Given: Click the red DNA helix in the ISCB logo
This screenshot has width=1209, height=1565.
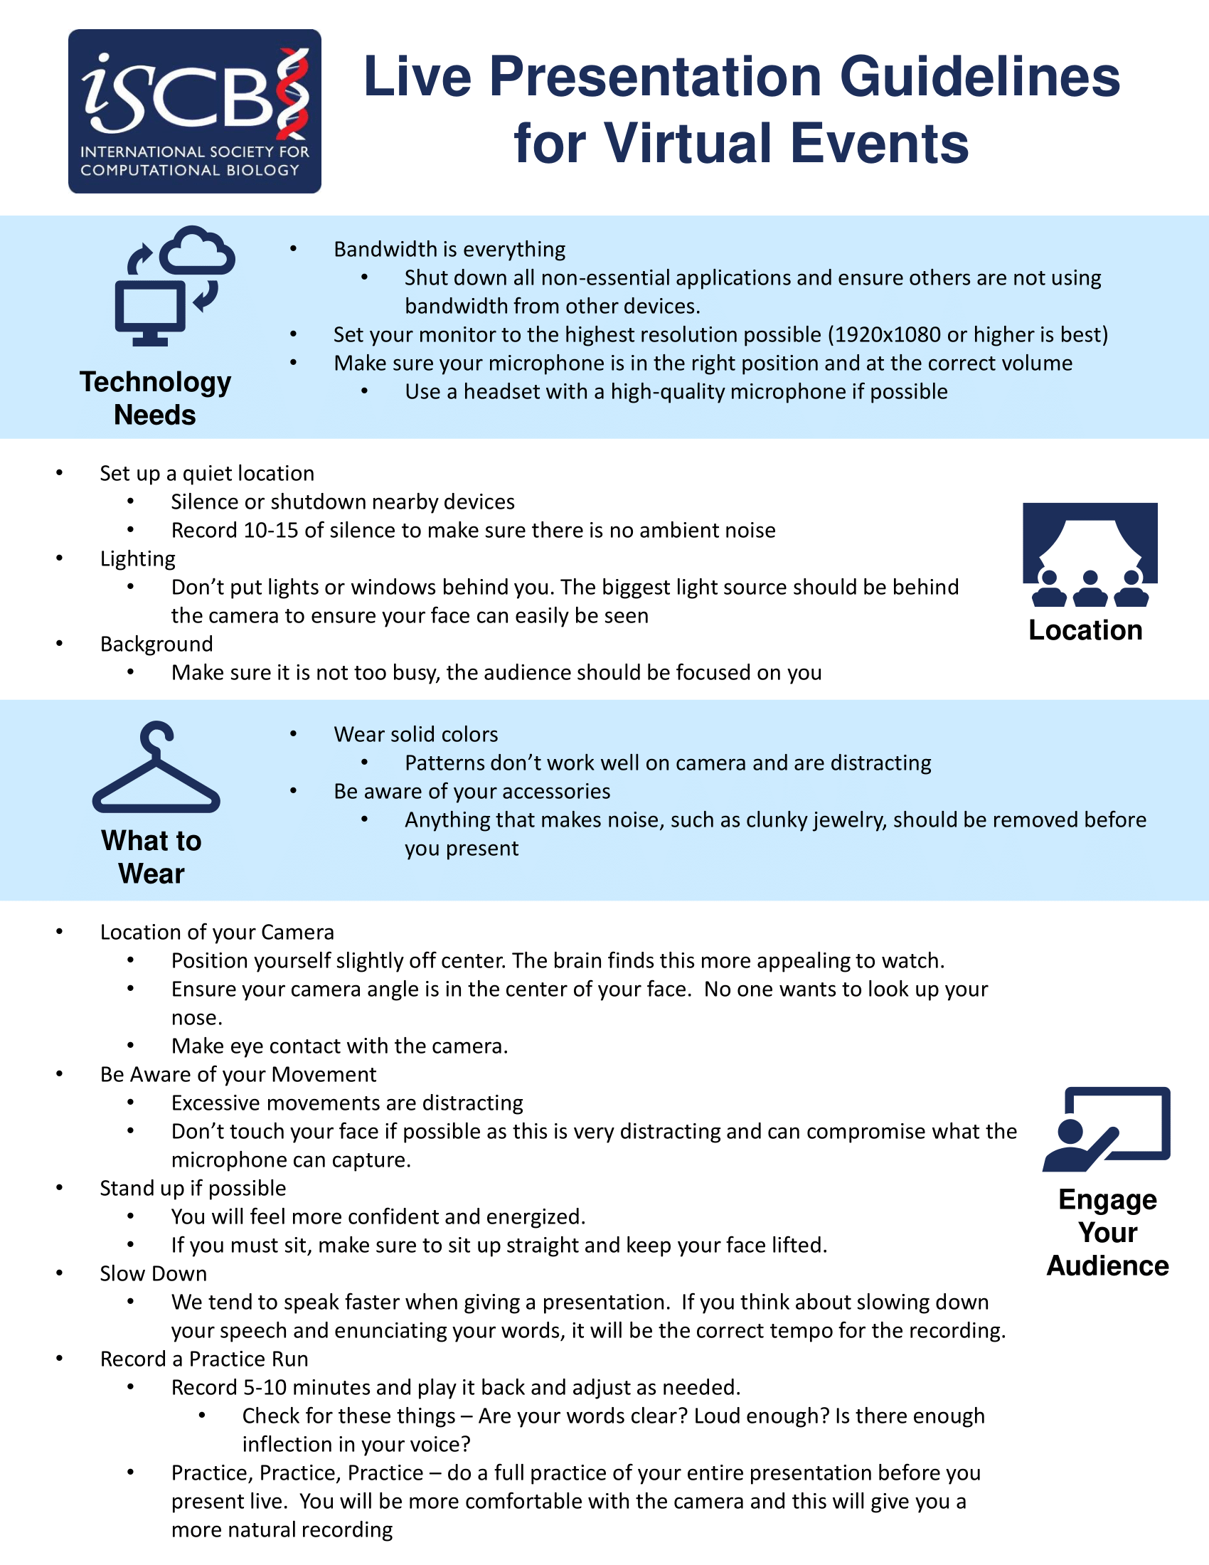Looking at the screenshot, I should [294, 93].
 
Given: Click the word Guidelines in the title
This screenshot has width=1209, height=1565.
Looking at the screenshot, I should [979, 77].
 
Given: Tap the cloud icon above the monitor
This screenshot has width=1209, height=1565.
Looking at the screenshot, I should [197, 251].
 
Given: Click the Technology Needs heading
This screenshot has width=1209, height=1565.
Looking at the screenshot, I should [156, 398].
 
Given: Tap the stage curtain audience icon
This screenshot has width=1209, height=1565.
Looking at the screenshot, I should [1090, 555].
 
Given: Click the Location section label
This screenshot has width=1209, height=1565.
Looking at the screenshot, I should [1085, 630].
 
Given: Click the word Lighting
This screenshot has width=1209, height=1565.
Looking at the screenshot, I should [137, 559].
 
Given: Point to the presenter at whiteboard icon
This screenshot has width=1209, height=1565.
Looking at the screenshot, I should [1107, 1130].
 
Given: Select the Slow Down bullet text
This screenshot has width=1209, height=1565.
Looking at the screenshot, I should [154, 1274].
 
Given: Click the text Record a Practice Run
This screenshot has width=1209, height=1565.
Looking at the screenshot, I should [204, 1359].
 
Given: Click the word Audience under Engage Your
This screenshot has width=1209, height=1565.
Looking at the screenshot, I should [1107, 1266].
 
